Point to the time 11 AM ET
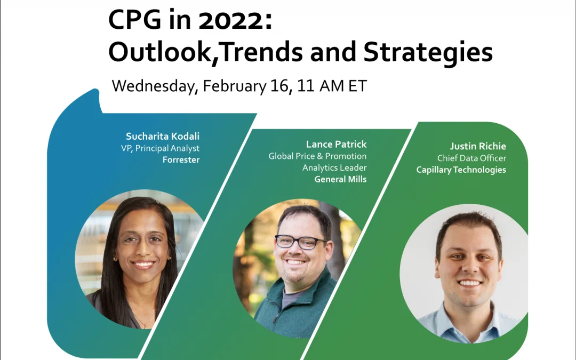332,86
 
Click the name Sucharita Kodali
163,137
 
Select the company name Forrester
181,160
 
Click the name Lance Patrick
337,145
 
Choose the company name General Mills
340,179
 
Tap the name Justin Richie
478,146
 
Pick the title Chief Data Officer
471,158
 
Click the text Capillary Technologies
461,170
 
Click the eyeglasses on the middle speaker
300,242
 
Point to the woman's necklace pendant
146,325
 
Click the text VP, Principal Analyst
160,148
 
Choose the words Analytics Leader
334,168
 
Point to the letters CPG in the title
135,20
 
